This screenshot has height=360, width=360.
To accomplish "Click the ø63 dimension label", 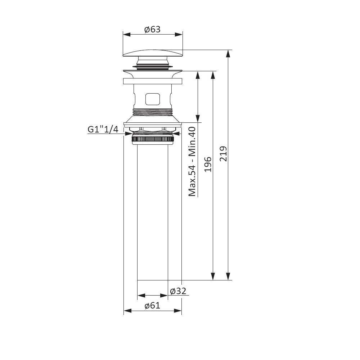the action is [x=152, y=30].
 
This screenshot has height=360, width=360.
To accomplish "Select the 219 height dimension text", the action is [x=223, y=154].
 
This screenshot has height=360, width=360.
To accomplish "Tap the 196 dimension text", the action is [x=208, y=165].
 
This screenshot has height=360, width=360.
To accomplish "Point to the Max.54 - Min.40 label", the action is [x=192, y=162].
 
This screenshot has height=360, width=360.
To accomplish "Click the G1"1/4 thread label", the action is [x=103, y=129].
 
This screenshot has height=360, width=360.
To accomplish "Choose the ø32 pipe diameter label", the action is [x=178, y=291].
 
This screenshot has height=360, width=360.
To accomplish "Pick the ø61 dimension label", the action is [x=152, y=306].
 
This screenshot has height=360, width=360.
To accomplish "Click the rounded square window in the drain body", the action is [x=152, y=99].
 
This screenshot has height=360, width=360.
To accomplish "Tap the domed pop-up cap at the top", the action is [x=153, y=53].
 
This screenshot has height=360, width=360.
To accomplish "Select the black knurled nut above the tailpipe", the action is [x=153, y=139].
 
